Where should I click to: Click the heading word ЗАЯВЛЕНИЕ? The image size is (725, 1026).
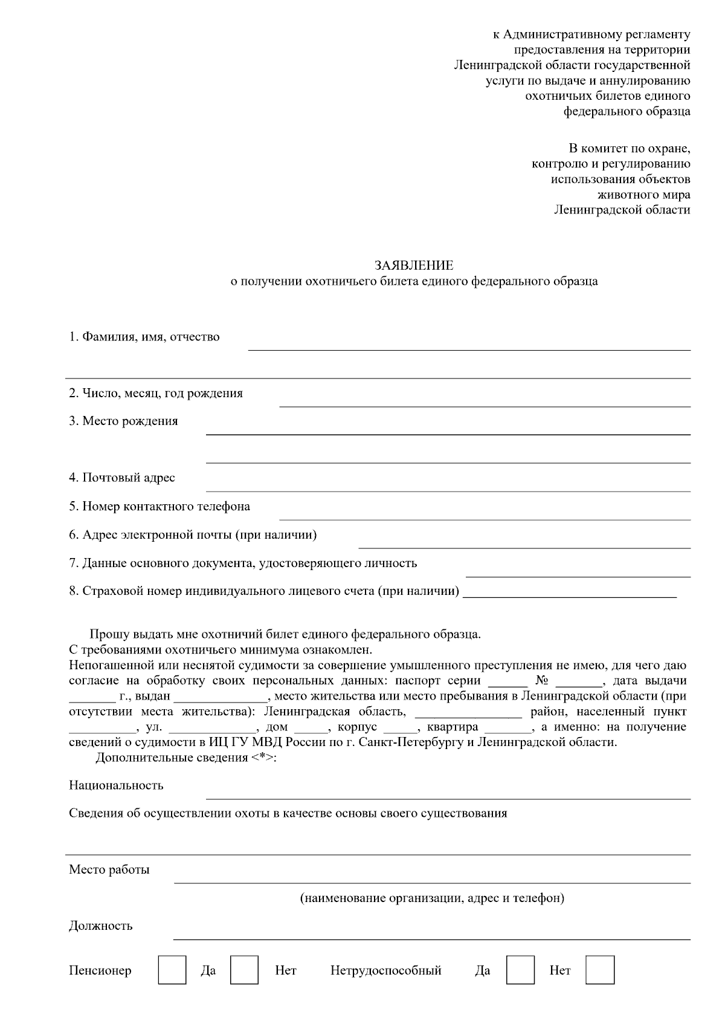pos(414,265)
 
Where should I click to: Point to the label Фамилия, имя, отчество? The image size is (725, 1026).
pos(144,337)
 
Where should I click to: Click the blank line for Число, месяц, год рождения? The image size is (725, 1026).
pos(485,405)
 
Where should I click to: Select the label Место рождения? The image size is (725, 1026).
pos(123,421)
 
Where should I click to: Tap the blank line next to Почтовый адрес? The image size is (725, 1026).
pos(448,490)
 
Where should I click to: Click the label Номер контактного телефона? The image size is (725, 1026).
pos(159,506)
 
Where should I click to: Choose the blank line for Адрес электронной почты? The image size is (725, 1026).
pos(524,547)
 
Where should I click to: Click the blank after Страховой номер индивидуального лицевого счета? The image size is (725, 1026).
pos(573,596)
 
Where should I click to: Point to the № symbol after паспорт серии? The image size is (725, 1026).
pos(541,680)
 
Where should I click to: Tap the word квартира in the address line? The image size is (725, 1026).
pos(452,727)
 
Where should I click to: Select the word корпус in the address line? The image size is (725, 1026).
pos(358,727)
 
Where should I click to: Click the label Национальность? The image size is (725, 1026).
pos(116,785)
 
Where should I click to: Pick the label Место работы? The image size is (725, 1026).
pos(109,869)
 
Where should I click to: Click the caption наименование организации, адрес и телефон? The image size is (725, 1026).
pos(432,898)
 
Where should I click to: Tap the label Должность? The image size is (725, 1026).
pos(100,926)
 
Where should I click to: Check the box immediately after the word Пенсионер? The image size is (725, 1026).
pos(172,970)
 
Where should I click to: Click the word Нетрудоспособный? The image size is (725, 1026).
pos(385,970)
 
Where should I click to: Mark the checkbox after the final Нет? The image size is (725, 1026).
pos(600,970)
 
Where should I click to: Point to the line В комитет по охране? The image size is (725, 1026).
pos(629,148)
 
